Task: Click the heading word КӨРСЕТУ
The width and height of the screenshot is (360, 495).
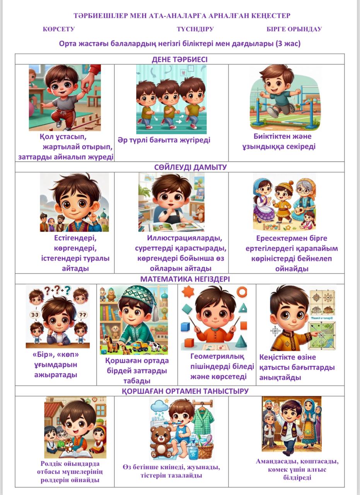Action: pyautogui.click(x=58, y=29)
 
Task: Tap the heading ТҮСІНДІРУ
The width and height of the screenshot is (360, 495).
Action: pyautogui.click(x=195, y=29)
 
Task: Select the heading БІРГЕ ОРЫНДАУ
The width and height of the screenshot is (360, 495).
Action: pyautogui.click(x=294, y=29)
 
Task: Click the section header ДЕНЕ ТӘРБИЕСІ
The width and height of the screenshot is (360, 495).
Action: pyautogui.click(x=179, y=60)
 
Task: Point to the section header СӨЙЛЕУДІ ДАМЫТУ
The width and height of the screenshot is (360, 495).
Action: pyautogui.click(x=190, y=167)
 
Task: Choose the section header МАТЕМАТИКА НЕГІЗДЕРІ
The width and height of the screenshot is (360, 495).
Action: pyautogui.click(x=185, y=279)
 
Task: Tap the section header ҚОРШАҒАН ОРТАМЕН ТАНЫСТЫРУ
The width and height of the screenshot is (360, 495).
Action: pyautogui.click(x=185, y=391)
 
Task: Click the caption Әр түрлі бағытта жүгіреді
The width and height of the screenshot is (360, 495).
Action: pyautogui.click(x=164, y=140)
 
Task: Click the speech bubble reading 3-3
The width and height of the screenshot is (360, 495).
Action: pyautogui.click(x=35, y=315)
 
